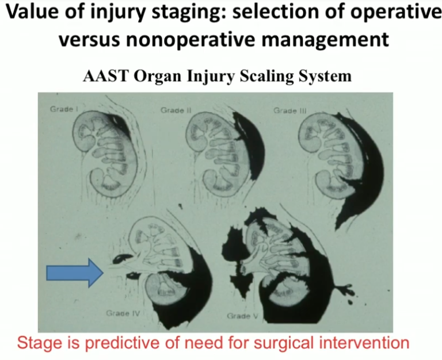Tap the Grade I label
click(x=62, y=109)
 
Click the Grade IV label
click(x=121, y=313)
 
